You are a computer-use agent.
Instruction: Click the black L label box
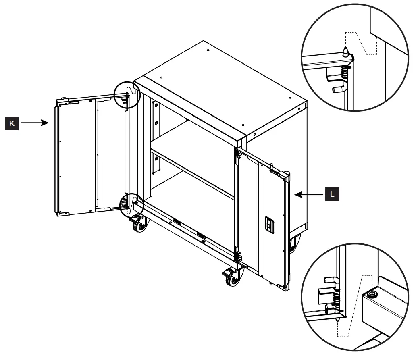click(x=332, y=194)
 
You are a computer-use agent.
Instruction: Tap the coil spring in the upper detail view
click(x=345, y=73)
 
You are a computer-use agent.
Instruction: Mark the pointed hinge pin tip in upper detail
click(x=345, y=51)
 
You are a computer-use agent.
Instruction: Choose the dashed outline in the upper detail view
click(x=361, y=42)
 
